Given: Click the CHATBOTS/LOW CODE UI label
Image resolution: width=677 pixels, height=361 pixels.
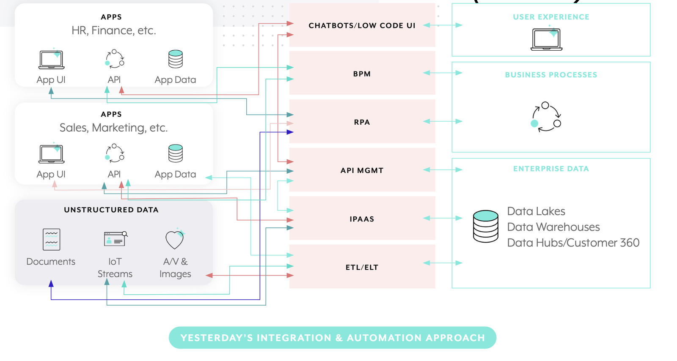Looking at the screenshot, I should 362,26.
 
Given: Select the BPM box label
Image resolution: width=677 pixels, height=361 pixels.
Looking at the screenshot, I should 362,74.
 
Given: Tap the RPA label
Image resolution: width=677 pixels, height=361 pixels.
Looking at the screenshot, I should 362,122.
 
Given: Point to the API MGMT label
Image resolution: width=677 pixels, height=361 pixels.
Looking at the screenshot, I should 362,171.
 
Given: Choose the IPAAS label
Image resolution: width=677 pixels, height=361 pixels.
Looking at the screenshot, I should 362,219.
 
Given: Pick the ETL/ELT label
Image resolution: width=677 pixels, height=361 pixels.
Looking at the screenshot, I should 362,268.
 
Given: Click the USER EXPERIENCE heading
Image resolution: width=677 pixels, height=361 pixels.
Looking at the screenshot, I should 551,17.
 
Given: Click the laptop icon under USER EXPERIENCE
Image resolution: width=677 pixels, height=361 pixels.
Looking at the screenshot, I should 546,39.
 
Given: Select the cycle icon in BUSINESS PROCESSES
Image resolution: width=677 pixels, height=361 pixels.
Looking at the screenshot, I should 546,117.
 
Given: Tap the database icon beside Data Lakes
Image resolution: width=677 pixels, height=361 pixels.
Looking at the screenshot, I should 486,226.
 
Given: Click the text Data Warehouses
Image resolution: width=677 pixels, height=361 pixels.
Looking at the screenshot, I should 553,227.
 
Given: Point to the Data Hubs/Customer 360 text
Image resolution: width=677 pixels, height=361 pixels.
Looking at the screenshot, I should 573,243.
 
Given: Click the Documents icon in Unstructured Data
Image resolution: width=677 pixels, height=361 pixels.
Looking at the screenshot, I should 51,239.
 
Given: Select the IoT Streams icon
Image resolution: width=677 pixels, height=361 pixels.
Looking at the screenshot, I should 115,239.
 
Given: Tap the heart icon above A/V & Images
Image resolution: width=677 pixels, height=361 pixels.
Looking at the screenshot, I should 175,239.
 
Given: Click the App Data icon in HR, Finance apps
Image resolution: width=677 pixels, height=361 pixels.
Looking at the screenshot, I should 175,59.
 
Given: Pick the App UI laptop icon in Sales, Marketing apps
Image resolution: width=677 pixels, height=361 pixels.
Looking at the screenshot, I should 51,154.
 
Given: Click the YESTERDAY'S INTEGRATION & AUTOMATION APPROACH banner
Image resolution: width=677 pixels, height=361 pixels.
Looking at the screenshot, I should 332,338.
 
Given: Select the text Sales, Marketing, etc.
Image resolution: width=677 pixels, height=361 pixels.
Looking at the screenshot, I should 113,128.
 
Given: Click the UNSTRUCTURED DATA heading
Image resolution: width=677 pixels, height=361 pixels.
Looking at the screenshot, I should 111,210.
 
